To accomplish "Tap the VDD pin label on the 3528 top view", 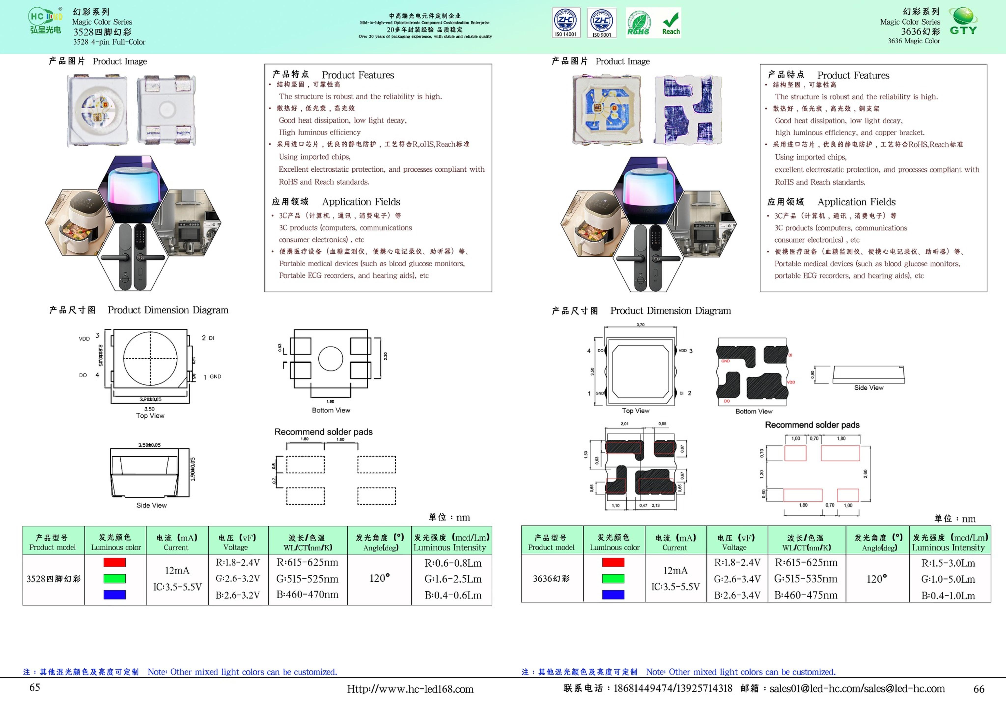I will tap(84, 339).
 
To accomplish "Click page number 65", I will tap(35, 687).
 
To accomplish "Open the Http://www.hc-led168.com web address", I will tap(410, 689).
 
